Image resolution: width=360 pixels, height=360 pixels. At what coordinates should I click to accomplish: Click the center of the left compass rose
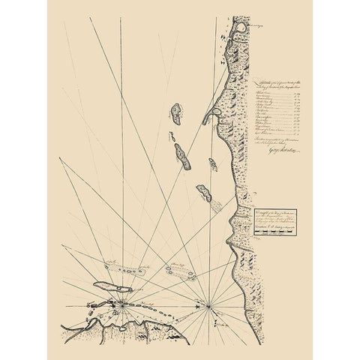click(x=122, y=304)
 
